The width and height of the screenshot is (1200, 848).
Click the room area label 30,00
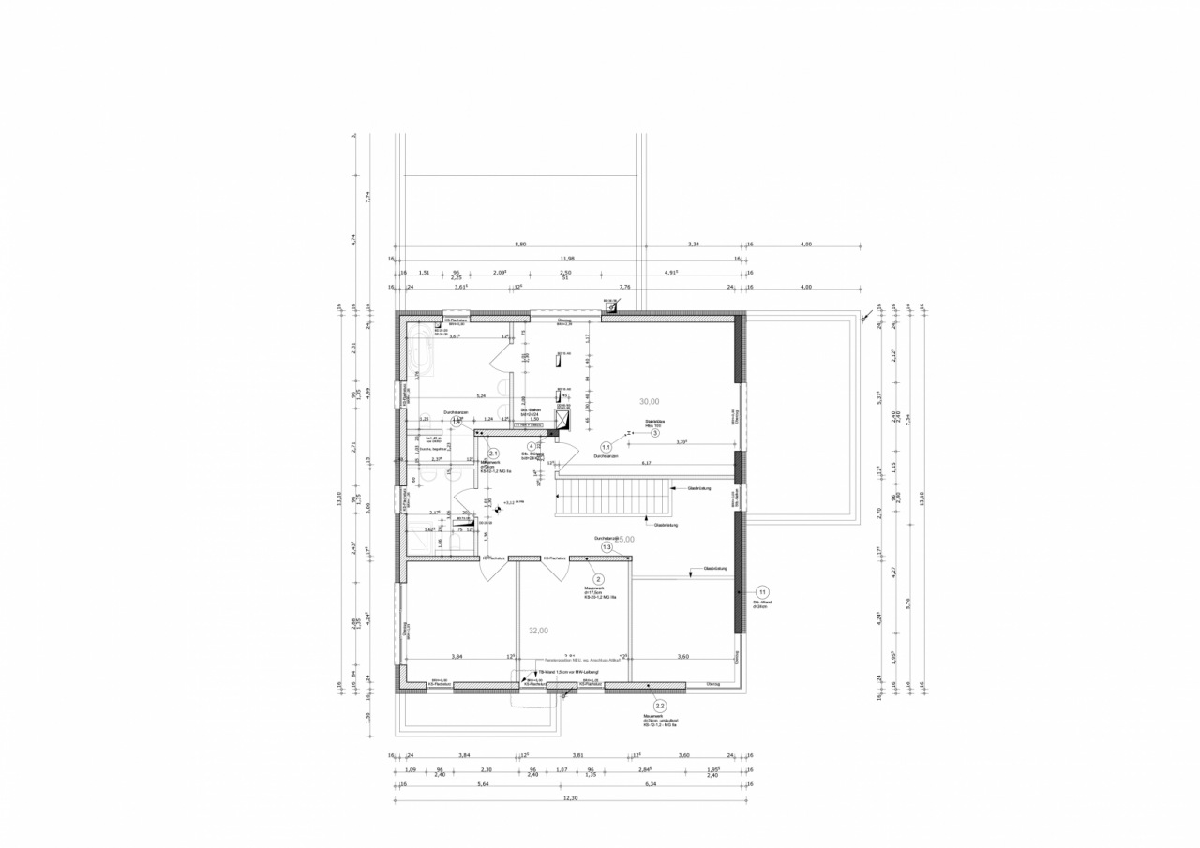tap(649, 401)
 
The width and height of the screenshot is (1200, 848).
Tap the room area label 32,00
tap(538, 631)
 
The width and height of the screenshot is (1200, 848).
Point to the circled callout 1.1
tap(607, 448)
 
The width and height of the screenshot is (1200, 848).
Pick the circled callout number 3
tap(655, 433)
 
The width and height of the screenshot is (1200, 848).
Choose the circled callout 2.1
tap(494, 454)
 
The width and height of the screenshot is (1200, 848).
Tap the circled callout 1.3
tap(607, 547)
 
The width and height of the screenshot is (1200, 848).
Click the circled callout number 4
tap(532, 447)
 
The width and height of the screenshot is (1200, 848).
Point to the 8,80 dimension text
tap(520, 244)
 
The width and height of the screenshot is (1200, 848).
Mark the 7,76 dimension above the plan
tap(625, 287)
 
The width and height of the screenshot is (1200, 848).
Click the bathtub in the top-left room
tap(419, 354)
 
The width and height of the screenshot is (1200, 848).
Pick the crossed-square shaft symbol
tap(562, 421)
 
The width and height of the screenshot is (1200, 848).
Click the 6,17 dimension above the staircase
tap(646, 463)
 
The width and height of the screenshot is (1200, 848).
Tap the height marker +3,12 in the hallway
tap(512, 503)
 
